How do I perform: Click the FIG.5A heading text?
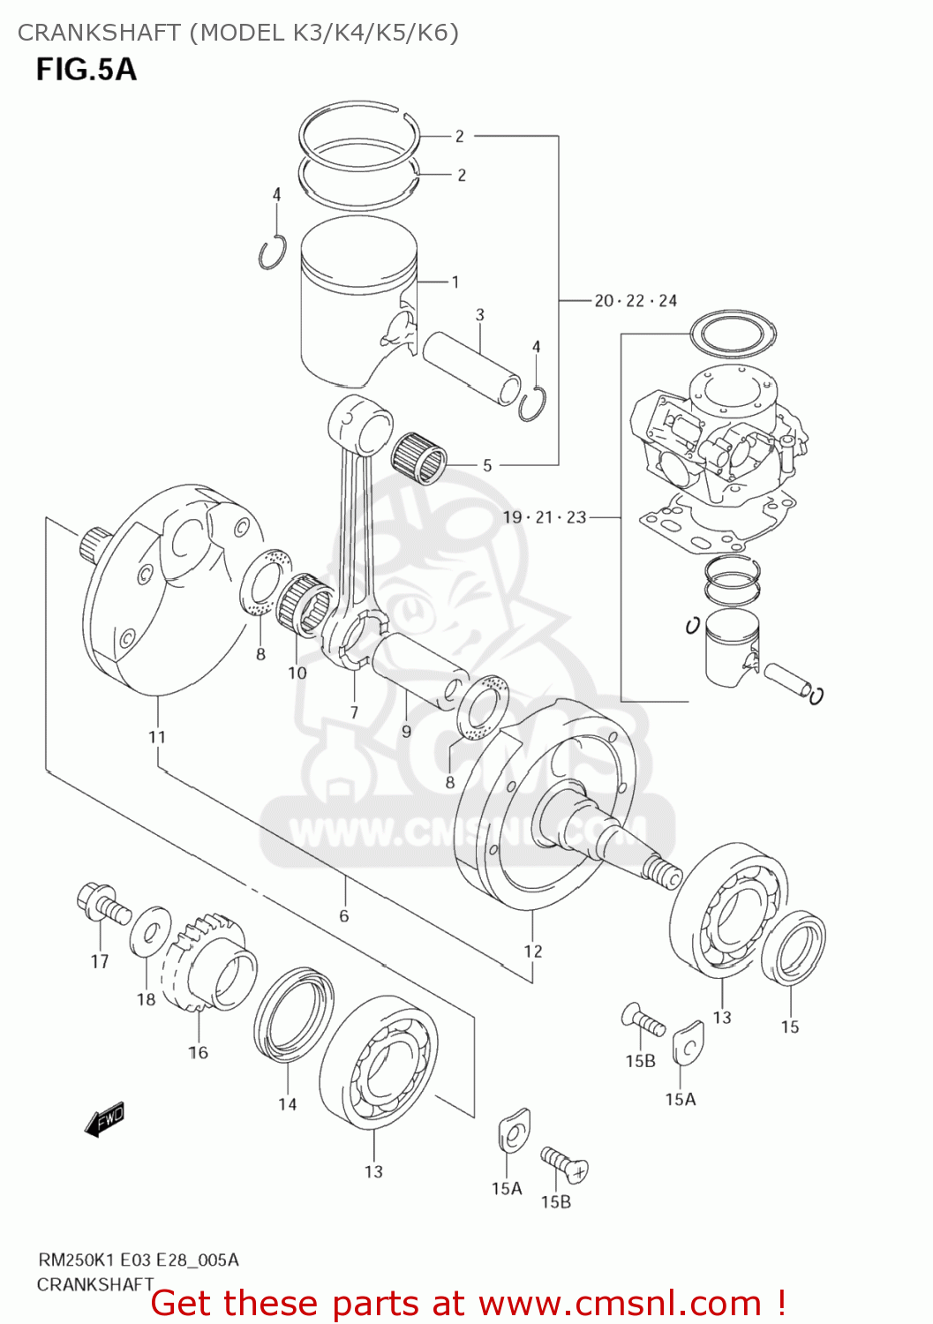click(x=87, y=70)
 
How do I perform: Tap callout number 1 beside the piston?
click(x=455, y=282)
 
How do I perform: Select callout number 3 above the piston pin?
click(x=479, y=315)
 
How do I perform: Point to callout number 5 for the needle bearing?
click(x=486, y=465)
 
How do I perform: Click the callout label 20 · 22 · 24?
click(x=635, y=301)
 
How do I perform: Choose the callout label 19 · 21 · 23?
click(x=545, y=517)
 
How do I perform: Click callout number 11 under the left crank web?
click(x=156, y=737)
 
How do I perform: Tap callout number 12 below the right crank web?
click(x=532, y=952)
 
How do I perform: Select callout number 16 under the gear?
click(x=199, y=1052)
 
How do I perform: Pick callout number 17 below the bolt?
click(x=100, y=962)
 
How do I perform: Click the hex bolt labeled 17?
click(x=101, y=904)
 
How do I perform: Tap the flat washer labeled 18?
click(x=151, y=930)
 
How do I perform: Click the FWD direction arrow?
click(x=104, y=1119)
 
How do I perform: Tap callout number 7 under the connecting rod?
click(x=354, y=712)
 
